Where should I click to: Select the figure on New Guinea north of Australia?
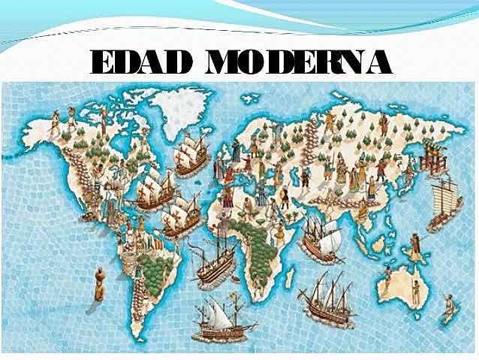tap(413, 244)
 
